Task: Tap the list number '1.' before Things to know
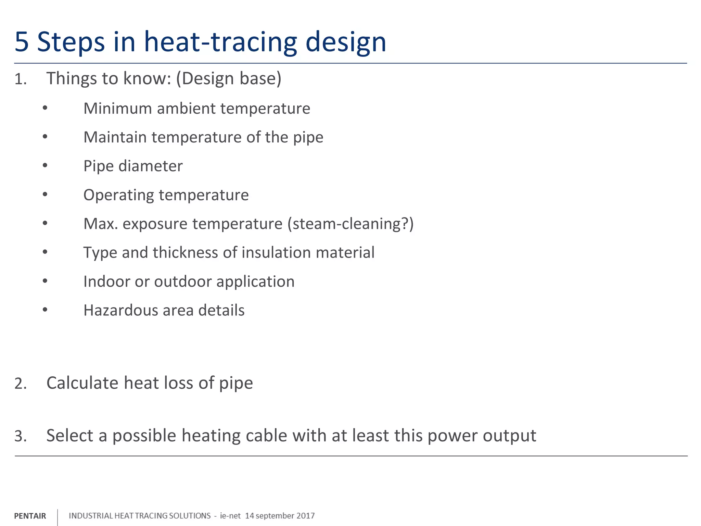21,79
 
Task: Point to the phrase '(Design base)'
229,79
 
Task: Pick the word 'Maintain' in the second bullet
115,137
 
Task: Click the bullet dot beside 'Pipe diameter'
45,166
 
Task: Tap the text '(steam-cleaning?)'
350,224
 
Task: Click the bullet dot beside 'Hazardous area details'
45,310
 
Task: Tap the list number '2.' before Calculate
21,384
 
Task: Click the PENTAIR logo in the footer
30,516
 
